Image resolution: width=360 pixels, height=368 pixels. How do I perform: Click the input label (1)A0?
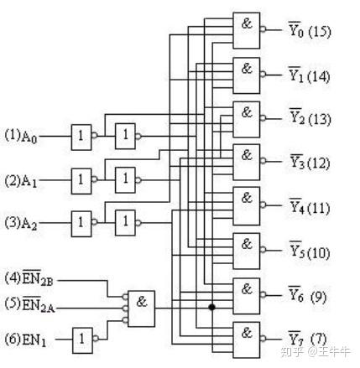click(22, 135)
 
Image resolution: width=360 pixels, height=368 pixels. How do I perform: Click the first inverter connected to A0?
click(81, 135)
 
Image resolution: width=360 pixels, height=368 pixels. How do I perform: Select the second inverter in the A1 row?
click(125, 179)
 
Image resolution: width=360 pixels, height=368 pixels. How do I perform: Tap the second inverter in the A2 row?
click(125, 222)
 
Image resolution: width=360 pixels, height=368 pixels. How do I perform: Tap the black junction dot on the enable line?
click(211, 307)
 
